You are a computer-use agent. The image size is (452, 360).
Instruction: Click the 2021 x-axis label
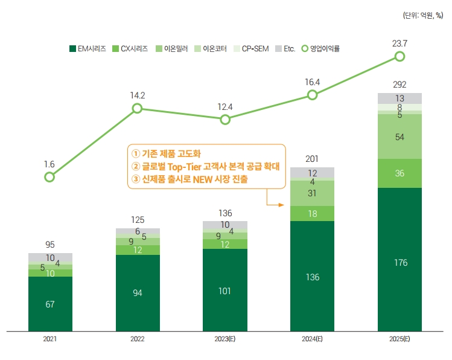click(50, 339)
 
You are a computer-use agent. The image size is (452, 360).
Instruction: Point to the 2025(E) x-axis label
click(399, 339)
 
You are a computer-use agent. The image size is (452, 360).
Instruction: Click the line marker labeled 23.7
click(399, 56)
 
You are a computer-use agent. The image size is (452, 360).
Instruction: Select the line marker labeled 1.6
click(50, 177)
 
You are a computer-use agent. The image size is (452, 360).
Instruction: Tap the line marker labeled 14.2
click(137, 108)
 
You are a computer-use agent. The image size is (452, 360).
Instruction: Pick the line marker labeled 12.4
click(225, 119)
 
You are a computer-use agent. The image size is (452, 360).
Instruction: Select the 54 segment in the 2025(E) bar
click(399, 137)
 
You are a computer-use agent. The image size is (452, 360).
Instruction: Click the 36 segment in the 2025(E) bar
click(399, 173)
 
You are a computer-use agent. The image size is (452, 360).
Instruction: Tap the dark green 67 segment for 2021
click(50, 304)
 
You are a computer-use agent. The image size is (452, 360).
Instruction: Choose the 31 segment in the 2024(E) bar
click(312, 193)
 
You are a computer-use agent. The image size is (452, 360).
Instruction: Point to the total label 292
click(399, 84)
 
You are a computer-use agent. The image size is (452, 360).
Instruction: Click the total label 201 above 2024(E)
click(312, 158)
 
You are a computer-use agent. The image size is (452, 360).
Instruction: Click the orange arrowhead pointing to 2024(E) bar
click(281, 205)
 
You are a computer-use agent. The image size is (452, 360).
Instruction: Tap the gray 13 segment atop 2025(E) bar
click(399, 98)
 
